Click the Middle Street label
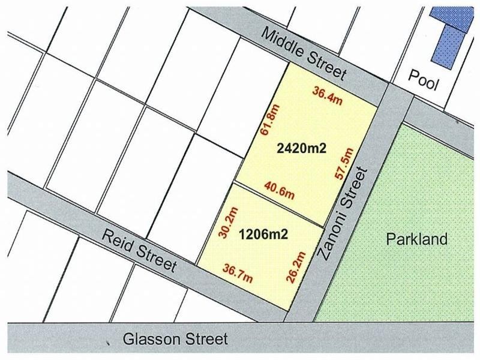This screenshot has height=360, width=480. click(304, 54)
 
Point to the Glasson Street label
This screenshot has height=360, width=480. click(175, 340)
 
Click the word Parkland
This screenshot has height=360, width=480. click(417, 239)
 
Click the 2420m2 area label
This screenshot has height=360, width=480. click(301, 148)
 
